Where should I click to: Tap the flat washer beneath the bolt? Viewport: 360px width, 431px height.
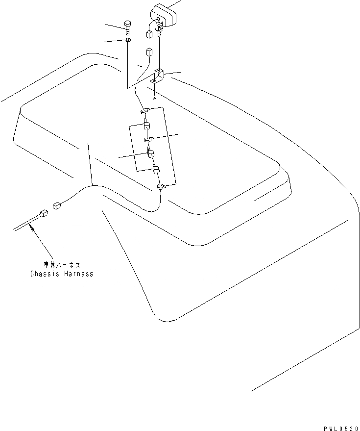click(x=127, y=40)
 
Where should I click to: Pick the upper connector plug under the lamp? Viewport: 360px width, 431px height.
click(x=149, y=34)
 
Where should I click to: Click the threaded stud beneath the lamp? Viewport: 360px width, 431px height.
click(x=160, y=32)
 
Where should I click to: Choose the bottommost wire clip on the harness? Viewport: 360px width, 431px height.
click(x=160, y=186)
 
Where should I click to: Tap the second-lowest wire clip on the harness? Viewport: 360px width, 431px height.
click(x=156, y=170)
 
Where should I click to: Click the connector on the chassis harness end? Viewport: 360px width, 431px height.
click(x=44, y=213)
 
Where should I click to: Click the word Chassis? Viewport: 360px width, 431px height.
click(x=45, y=274)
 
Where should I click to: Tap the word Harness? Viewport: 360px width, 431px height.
click(x=78, y=274)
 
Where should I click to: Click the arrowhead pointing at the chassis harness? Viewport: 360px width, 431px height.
click(x=32, y=226)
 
